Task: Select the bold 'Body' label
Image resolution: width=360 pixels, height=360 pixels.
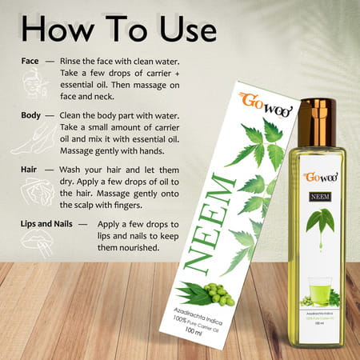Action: [32, 114]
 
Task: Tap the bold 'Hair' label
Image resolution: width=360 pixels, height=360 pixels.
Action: [30, 170]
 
